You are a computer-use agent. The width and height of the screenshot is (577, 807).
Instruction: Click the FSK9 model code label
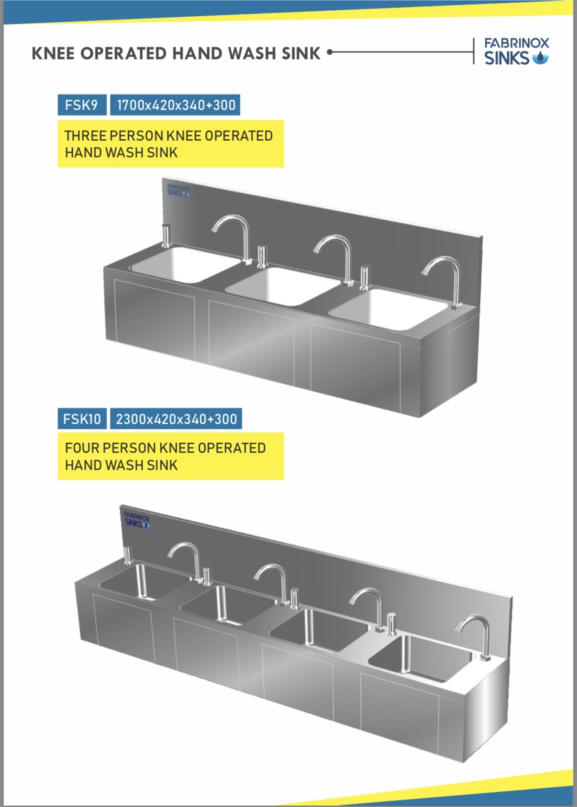click(x=82, y=105)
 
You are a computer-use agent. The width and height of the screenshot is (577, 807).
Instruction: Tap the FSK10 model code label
click(x=82, y=419)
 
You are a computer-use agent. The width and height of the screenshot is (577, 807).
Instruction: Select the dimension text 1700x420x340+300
click(x=176, y=105)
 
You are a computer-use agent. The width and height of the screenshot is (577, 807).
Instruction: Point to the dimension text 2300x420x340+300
click(x=176, y=419)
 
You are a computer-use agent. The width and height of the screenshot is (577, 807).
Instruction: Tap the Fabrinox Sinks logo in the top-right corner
click(x=516, y=51)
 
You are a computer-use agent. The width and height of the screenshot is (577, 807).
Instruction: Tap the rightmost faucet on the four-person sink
click(x=474, y=636)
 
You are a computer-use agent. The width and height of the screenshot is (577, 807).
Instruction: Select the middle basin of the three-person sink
click(x=283, y=286)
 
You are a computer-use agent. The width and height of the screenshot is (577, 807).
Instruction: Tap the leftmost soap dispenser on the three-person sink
click(x=166, y=236)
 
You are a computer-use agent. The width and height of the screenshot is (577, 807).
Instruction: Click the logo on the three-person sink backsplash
click(x=178, y=190)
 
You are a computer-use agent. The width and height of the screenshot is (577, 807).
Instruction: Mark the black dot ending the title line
click(x=330, y=52)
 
